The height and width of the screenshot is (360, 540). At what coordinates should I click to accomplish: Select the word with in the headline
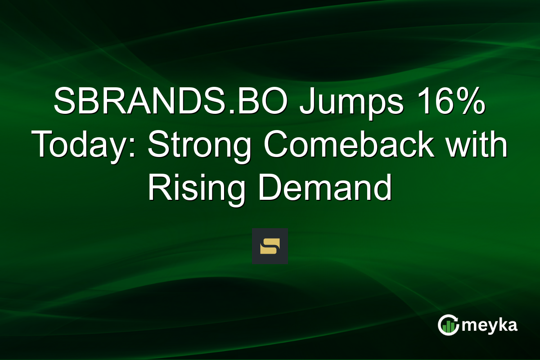tap(477, 146)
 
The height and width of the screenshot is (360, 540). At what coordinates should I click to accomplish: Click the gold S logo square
tap(270, 247)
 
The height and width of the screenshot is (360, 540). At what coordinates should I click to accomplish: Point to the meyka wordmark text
tap(490, 325)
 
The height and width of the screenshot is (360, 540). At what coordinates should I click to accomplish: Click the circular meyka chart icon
tap(449, 325)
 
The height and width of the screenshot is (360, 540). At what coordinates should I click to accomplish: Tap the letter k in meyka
tap(502, 324)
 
